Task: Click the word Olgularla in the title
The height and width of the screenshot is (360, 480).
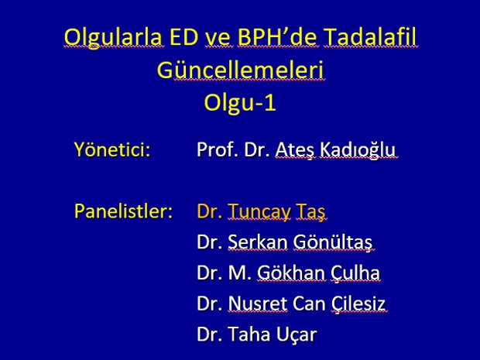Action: pos(113,37)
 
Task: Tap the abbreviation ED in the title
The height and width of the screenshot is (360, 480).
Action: pos(183,36)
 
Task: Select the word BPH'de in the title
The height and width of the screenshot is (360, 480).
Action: pos(278,36)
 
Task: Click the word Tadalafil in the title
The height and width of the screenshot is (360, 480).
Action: pos(370,36)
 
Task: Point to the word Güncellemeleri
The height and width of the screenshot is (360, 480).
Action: pos(240,70)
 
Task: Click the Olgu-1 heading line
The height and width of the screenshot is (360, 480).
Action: pos(240,102)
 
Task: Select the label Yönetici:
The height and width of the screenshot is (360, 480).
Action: pos(112,149)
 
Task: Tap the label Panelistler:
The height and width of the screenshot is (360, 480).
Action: pos(123,211)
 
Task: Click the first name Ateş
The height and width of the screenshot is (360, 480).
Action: pos(295,150)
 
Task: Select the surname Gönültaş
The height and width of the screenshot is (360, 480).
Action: pos(333,242)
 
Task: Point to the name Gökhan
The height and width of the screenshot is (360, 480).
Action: pos(291,273)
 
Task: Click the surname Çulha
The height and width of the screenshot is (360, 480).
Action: pos(355,273)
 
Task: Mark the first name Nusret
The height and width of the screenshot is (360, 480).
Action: pos(258,303)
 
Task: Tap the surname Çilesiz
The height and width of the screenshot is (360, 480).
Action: pos(358,304)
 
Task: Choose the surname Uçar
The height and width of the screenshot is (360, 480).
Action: pos(297,334)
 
